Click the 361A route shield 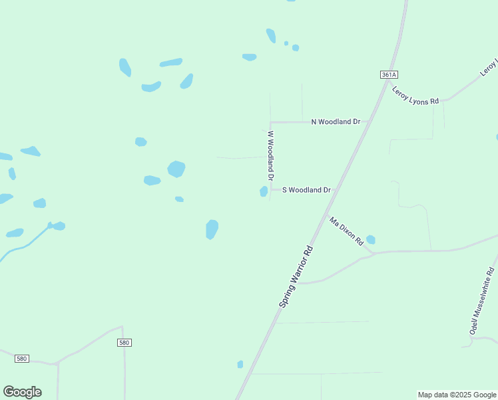point(389,75)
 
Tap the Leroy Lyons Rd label point(415,95)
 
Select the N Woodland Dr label point(336,122)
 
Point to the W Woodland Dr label point(270,156)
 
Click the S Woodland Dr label point(306,190)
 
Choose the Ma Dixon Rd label point(346,231)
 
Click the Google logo point(22,392)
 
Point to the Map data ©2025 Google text point(457,395)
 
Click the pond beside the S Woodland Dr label point(264,192)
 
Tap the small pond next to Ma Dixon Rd point(371,239)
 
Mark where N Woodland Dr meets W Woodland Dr point(270,123)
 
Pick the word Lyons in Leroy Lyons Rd point(418,96)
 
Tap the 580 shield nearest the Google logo point(22,359)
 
